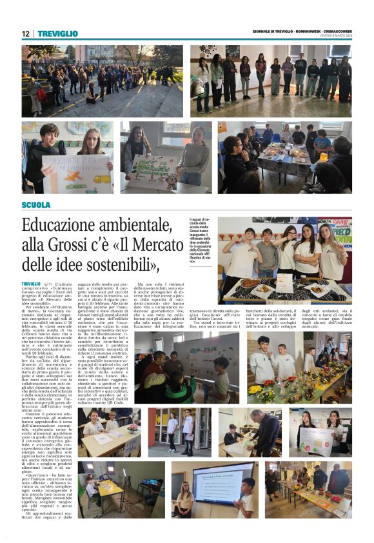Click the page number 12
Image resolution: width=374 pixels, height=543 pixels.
pos(26,34)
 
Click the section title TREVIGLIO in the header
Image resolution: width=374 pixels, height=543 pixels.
pos(57,34)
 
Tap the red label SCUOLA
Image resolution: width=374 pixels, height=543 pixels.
pos(35,205)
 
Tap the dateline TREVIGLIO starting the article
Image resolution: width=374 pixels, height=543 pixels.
pos(32,284)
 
